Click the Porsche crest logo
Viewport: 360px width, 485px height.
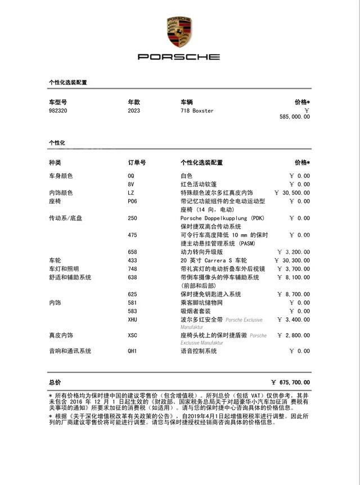pyautogui.click(x=179, y=32)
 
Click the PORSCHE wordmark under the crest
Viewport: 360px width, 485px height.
pyautogui.click(x=179, y=57)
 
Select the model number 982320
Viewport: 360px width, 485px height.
pyautogui.click(x=58, y=111)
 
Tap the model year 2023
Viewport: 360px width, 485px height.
pyautogui.click(x=134, y=111)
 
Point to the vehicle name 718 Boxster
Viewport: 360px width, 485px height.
pyautogui.click(x=197, y=111)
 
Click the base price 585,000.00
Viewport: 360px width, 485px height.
pyautogui.click(x=294, y=117)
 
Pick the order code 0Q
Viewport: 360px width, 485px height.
pyautogui.click(x=131, y=176)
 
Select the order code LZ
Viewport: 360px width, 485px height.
pyautogui.click(x=131, y=193)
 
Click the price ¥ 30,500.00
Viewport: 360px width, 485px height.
pyautogui.click(x=292, y=193)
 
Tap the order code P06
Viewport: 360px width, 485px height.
pyautogui.click(x=133, y=201)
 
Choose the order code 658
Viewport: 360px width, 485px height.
pyautogui.click(x=133, y=252)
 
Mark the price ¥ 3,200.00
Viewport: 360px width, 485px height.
pyautogui.click(x=294, y=252)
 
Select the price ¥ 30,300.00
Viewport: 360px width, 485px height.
pyautogui.click(x=292, y=261)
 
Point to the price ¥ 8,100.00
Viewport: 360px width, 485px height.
pyautogui.click(x=294, y=277)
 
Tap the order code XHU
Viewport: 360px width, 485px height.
pyautogui.click(x=133, y=320)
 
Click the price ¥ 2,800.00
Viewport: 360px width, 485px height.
pyautogui.click(x=294, y=336)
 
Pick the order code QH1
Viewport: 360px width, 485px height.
pyautogui.click(x=133, y=351)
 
